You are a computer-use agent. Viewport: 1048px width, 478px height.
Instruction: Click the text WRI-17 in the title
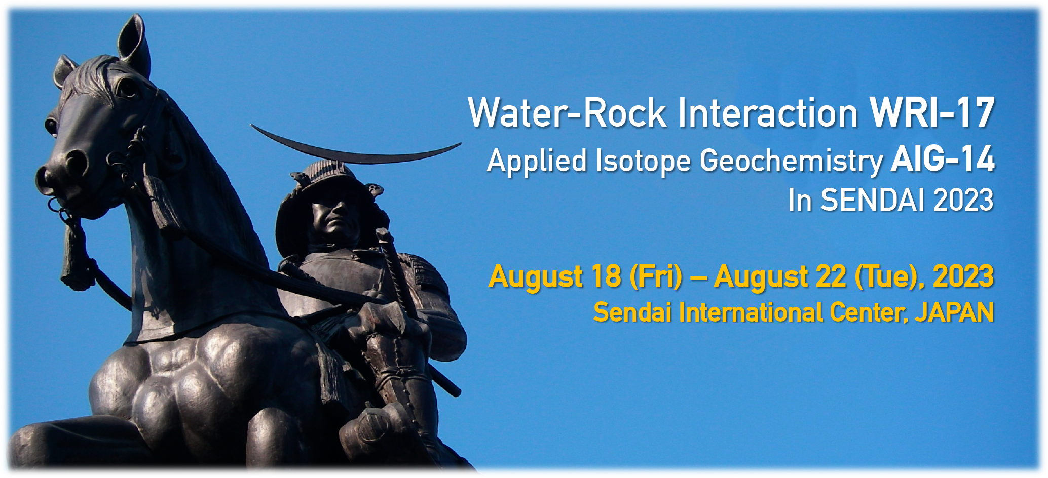[x=931, y=112]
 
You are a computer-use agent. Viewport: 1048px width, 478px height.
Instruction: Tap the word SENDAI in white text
[x=873, y=200]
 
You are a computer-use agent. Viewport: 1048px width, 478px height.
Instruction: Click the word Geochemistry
[x=791, y=162]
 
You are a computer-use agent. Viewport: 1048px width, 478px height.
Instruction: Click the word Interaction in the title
[x=768, y=112]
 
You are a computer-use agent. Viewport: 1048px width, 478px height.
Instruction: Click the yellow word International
[x=751, y=312]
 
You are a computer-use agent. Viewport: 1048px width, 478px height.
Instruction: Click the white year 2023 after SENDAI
[x=963, y=200]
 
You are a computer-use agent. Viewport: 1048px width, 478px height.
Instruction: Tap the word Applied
[x=538, y=162]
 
